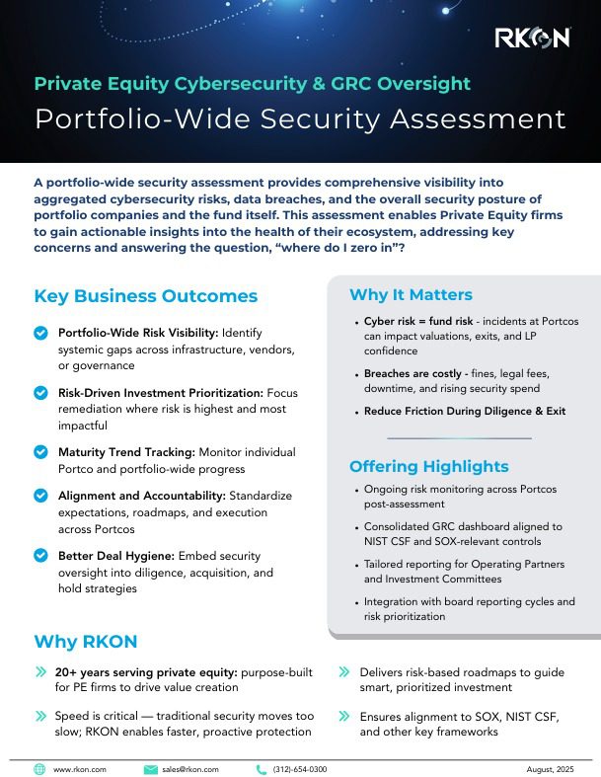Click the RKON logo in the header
[x=532, y=38]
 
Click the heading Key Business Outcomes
[x=145, y=296]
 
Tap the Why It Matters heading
[x=411, y=294]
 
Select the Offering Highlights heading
[x=429, y=466]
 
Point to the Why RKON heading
[x=85, y=642]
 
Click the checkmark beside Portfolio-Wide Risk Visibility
[x=40, y=334]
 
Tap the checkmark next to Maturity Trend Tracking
[x=40, y=451]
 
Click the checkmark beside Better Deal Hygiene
[x=40, y=555]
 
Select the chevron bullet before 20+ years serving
[x=40, y=671]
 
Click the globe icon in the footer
[x=39, y=768]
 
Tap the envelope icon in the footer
[x=150, y=768]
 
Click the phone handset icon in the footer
[x=262, y=768]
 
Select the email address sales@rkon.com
[x=190, y=768]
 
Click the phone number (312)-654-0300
[x=300, y=768]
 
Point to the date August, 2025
[x=550, y=768]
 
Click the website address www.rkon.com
[x=79, y=768]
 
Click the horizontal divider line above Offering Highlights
[x=458, y=437]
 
